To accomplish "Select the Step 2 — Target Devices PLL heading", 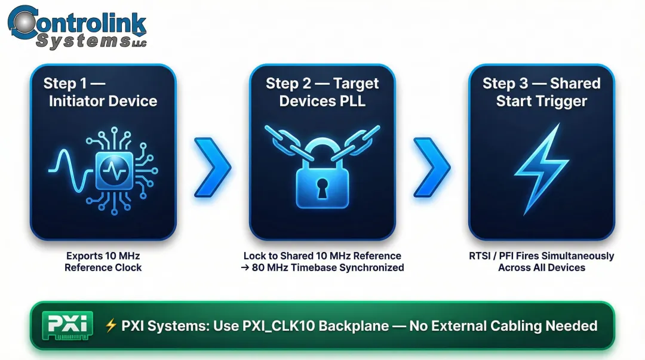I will click(322, 92).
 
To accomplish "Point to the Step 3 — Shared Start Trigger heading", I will click(541, 92).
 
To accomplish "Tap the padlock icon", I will click(322, 179).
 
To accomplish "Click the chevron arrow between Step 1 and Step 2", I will click(213, 167).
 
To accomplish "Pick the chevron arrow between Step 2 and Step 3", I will click(432, 167).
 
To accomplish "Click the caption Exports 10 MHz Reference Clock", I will click(103, 261).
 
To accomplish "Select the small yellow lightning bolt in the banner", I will click(110, 325).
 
